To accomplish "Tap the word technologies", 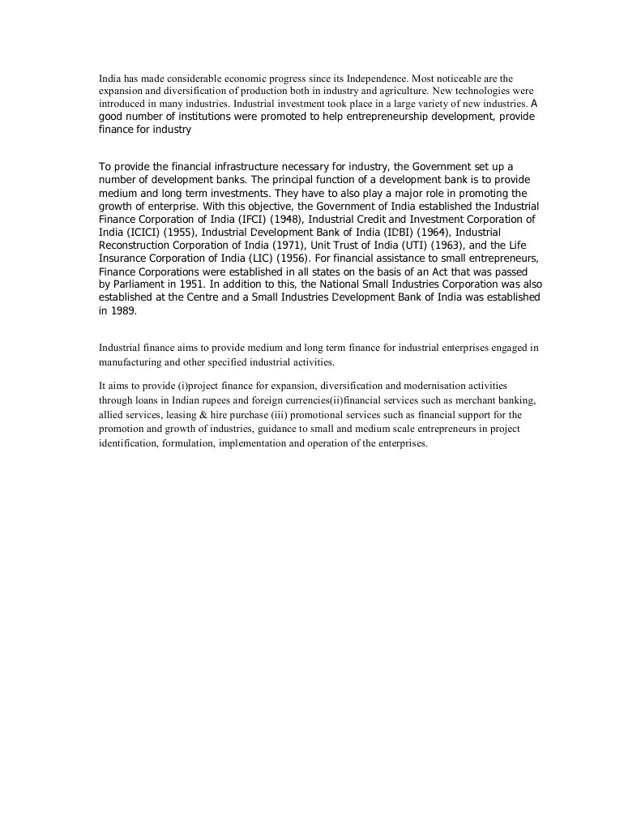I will tap(489, 92).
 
